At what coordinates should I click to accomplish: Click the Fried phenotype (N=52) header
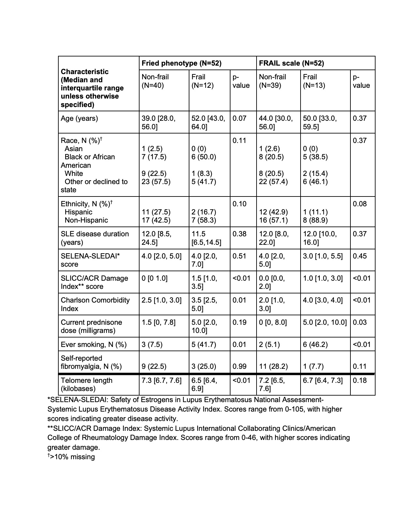click(181, 63)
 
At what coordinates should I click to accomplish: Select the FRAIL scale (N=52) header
click(291, 63)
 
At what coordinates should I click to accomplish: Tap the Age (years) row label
click(79, 118)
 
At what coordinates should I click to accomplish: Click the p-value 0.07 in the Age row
click(239, 118)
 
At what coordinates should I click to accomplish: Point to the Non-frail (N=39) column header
click(273, 81)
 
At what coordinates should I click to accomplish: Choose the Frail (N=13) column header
click(314, 81)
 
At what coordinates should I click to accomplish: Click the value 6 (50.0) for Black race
click(204, 157)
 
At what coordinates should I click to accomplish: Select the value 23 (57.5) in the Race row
click(156, 182)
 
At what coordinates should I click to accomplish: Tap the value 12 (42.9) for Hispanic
click(273, 212)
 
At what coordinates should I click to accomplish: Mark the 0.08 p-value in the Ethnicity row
click(360, 204)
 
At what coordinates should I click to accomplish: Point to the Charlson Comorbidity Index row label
click(95, 304)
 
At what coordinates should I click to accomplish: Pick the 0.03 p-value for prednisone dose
click(360, 322)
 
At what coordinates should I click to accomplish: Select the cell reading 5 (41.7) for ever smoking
click(204, 344)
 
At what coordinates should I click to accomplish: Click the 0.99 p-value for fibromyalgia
click(239, 367)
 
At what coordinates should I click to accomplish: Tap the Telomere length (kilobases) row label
click(86, 384)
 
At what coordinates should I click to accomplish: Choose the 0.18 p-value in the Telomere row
click(360, 380)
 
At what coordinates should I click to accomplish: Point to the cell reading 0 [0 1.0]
click(155, 278)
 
